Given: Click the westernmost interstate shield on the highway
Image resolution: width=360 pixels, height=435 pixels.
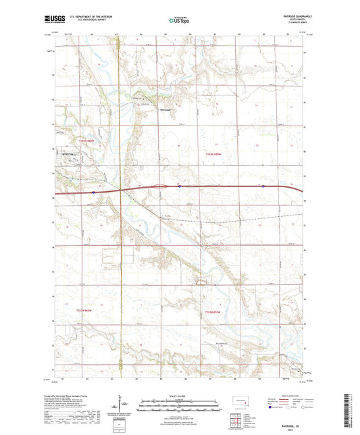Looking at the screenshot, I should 93,192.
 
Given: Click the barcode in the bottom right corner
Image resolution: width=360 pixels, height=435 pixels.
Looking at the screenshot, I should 352,409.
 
